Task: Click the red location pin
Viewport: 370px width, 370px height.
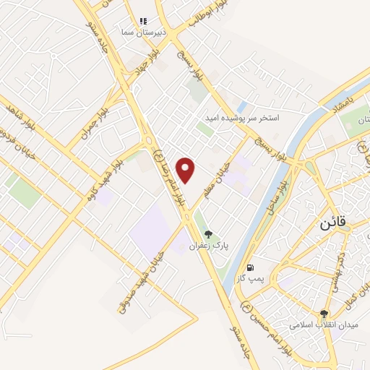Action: pos(186,170)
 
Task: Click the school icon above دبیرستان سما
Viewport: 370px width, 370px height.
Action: pos(143,22)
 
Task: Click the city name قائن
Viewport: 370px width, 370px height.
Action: pos(330,223)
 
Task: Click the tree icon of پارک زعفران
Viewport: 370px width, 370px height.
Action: pos(209,233)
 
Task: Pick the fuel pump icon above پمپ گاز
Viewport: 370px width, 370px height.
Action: pos(250,265)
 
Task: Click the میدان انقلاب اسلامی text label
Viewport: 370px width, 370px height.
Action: pos(324,326)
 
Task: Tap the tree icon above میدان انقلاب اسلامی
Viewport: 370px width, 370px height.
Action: pos(324,314)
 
